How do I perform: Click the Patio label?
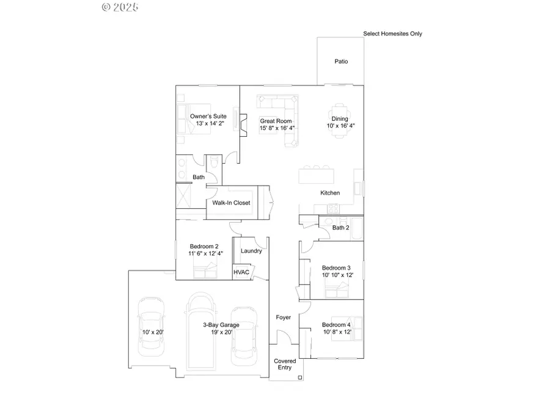[x=341, y=62]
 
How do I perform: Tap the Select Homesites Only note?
[x=392, y=34]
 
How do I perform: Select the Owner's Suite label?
[x=208, y=116]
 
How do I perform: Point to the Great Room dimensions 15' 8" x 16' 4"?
[x=277, y=128]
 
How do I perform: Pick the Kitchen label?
[x=330, y=193]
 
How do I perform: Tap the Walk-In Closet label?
[x=231, y=203]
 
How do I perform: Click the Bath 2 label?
[x=340, y=228]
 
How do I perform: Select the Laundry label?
[x=251, y=251]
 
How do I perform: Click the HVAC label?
[x=241, y=272]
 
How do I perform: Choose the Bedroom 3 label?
[x=336, y=268]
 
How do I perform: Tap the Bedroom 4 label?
[x=336, y=324]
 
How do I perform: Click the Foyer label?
[x=284, y=317]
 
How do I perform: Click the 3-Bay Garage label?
[x=221, y=325]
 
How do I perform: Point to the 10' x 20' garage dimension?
[x=151, y=332]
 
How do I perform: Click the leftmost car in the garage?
[x=151, y=327]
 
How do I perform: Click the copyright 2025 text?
[x=120, y=7]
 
